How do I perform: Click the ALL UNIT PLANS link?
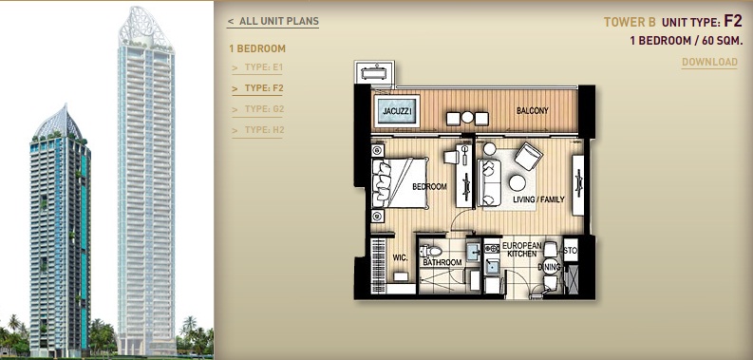pos(273,21)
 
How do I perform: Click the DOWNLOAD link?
pos(709,62)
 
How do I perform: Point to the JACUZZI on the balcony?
pos(397,111)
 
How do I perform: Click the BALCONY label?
pos(532,110)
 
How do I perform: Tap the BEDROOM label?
pos(429,186)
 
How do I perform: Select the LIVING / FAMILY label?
pos(538,199)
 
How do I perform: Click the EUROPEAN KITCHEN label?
pos(521,250)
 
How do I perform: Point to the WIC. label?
pos(400,258)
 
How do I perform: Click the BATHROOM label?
pos(442,262)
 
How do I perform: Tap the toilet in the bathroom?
pos(430,251)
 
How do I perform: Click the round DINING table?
pos(551,266)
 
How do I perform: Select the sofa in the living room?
pos(489,182)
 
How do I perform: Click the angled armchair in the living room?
pos(528,156)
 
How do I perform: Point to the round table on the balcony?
pos(467,118)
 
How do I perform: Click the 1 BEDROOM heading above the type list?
pos(257,48)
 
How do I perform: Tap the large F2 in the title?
pos(733,21)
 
